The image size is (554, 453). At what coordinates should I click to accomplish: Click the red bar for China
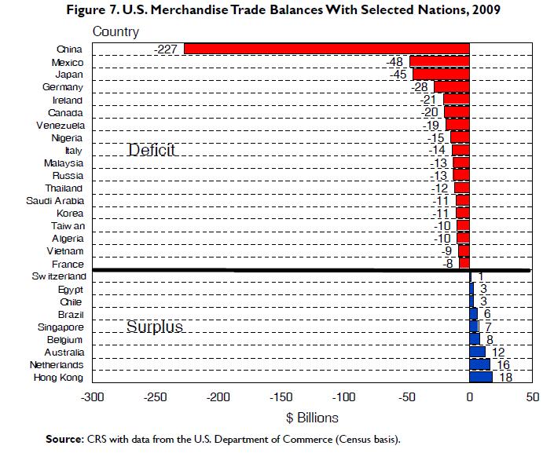pos(326,49)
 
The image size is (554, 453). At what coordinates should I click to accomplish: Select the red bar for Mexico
pos(439,62)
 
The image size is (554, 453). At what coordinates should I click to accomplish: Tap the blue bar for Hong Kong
pos(481,378)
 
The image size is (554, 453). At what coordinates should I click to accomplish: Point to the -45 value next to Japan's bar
pos(400,75)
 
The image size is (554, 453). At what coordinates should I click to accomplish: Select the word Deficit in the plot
pos(151,149)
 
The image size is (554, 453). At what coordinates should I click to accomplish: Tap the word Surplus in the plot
pos(154,326)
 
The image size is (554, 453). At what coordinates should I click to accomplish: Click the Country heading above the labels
pos(116,32)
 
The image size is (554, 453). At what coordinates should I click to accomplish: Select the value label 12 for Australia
pos(497,353)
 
